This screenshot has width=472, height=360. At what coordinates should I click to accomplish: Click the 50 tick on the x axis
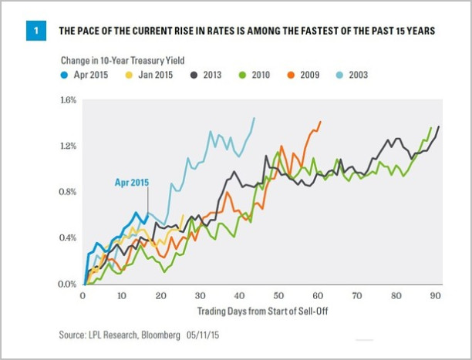click(x=278, y=296)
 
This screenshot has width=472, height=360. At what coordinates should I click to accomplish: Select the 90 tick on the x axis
click(x=435, y=296)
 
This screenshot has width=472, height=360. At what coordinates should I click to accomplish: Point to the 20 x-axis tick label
click(x=160, y=296)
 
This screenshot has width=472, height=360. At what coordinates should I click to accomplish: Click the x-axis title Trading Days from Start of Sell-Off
click(x=258, y=311)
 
